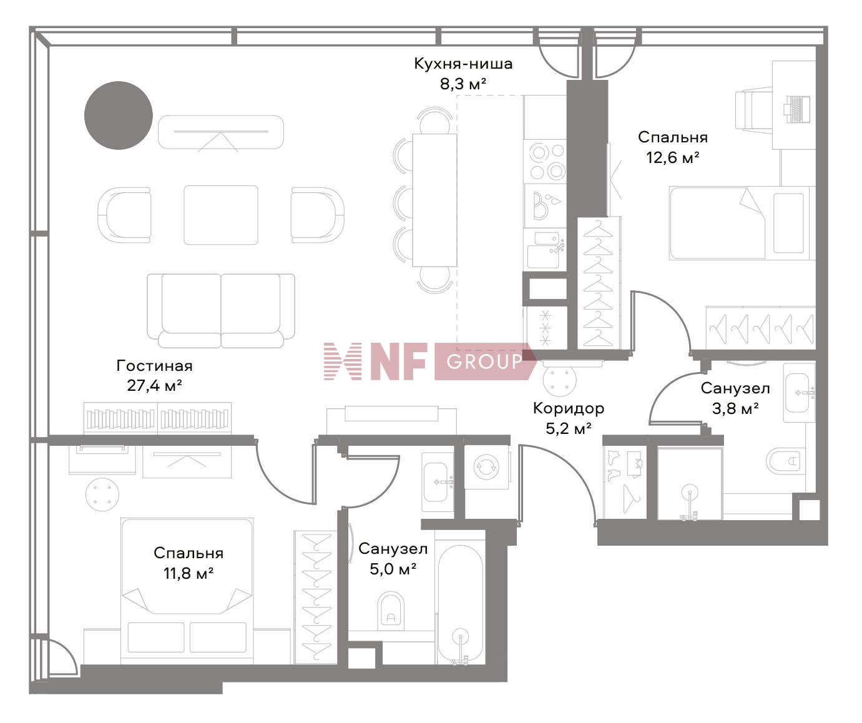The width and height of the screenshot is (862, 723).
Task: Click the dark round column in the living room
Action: point(119,116)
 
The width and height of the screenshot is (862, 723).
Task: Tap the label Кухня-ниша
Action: point(463,64)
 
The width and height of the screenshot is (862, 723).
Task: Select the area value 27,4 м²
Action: point(154,386)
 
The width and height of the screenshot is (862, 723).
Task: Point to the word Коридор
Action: point(568,408)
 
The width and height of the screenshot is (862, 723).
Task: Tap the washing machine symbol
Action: point(487,465)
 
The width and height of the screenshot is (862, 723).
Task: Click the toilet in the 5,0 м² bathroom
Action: point(391,609)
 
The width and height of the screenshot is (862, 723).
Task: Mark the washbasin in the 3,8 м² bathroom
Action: point(800,393)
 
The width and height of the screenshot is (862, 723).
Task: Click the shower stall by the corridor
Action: point(690,484)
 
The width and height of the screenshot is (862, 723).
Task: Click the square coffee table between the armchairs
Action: point(221,215)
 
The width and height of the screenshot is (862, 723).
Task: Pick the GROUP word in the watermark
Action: point(484,361)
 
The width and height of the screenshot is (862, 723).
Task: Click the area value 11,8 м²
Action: point(189,573)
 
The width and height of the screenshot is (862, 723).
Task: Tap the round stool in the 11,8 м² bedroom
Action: point(102,494)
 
